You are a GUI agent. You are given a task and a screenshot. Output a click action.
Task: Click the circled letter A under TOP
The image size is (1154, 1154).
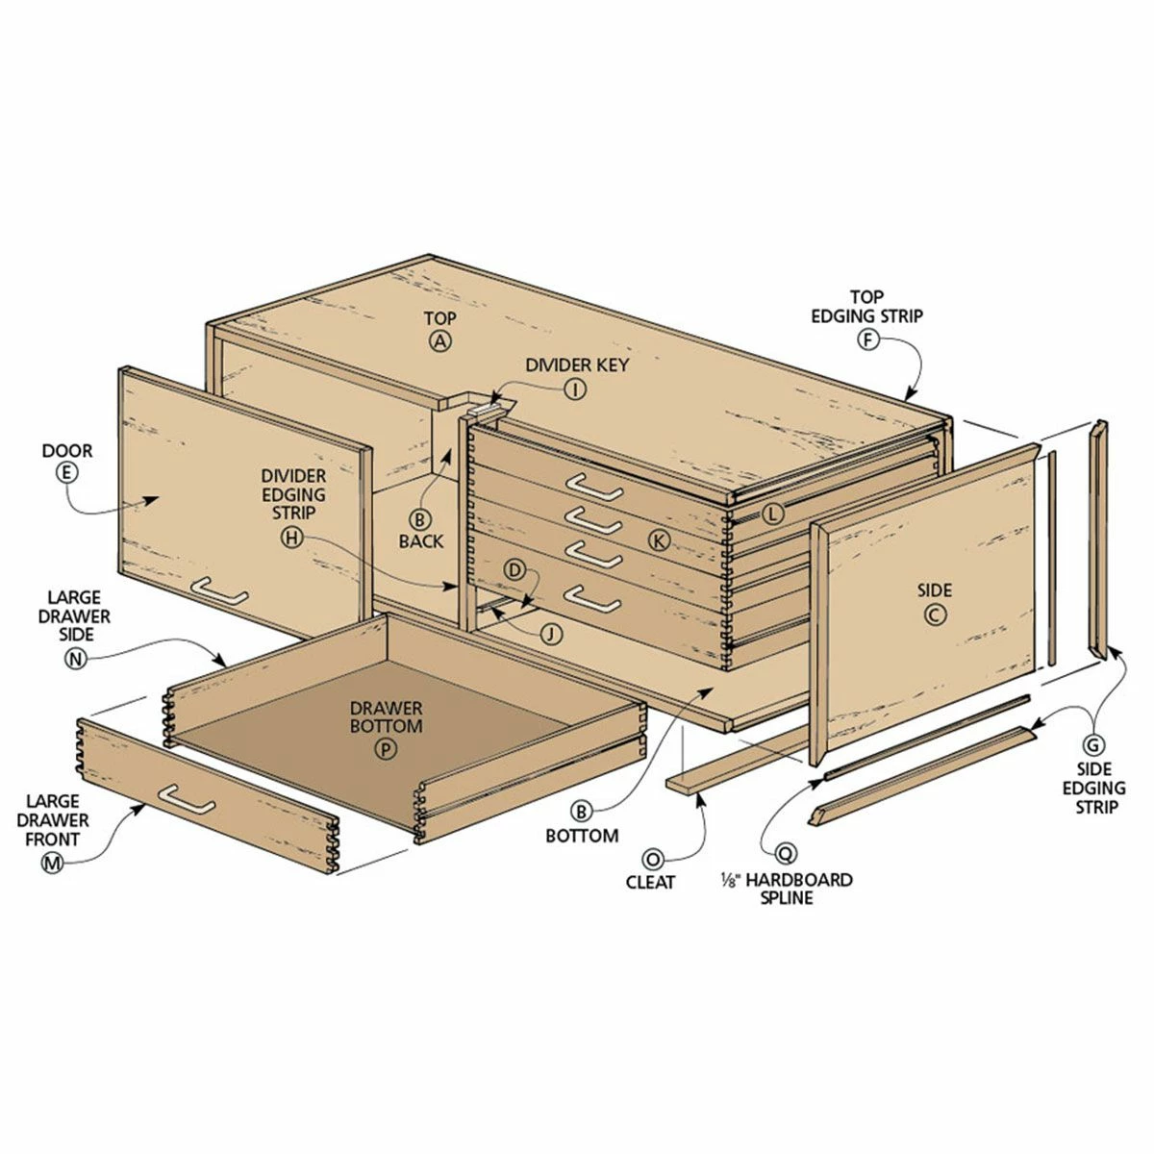coord(440,340)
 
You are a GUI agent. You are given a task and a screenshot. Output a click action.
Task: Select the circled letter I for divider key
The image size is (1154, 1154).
coord(575,389)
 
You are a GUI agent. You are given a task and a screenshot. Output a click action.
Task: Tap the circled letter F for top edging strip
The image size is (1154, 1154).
coord(868,339)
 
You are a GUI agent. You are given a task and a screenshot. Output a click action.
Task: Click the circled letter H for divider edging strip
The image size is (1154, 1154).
coord(291,539)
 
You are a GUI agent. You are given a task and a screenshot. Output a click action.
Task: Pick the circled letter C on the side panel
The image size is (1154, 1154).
coord(936,615)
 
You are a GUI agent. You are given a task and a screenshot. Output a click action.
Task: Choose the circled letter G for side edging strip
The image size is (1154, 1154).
coord(1093,743)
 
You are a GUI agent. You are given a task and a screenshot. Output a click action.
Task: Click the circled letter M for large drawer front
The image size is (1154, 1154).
coord(52,864)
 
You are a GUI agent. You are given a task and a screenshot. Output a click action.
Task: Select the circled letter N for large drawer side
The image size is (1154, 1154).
coord(74,658)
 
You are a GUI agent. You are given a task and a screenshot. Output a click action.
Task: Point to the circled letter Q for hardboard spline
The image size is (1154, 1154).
coord(786,852)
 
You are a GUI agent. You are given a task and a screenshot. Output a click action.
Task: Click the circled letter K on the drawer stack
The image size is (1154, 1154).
coord(659,540)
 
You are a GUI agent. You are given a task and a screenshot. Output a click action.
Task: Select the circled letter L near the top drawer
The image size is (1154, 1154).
coord(774,514)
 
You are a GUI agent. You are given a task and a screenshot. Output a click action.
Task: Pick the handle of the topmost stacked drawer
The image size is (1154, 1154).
coord(593,487)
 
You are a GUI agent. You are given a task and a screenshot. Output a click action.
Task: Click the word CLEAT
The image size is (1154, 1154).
coord(651,882)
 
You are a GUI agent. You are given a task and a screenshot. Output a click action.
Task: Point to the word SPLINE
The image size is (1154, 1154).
coord(786,897)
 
